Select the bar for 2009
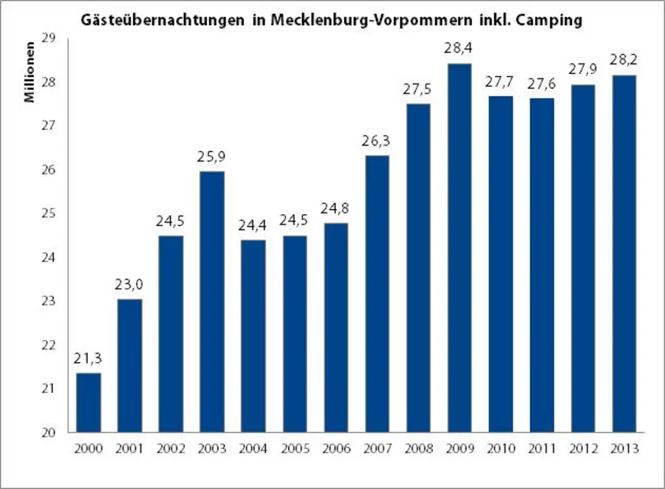(x=459, y=247)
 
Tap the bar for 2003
(x=212, y=301)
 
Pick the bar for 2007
(x=377, y=293)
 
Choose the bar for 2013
(x=624, y=253)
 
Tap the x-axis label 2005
(x=294, y=448)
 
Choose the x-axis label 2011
(x=541, y=448)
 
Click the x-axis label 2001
(x=130, y=448)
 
